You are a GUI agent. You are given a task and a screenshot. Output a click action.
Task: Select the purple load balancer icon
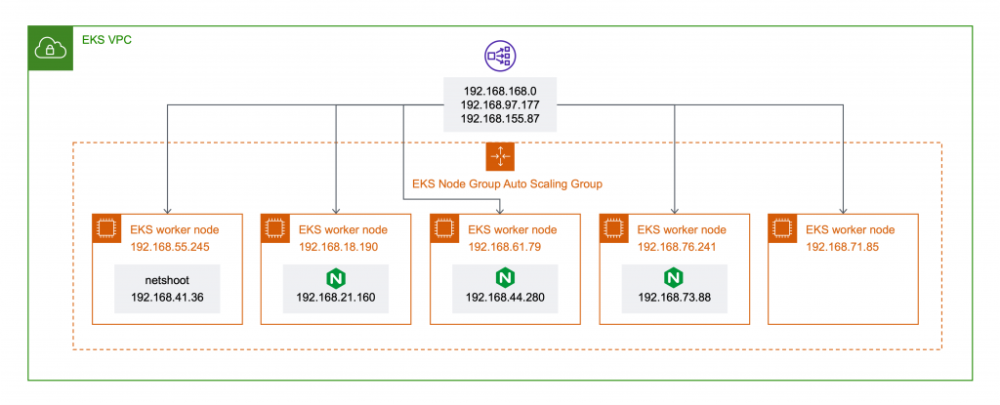(499, 57)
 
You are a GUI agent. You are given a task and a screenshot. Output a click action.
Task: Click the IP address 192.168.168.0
(499, 90)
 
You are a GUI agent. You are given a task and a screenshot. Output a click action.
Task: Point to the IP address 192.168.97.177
(499, 104)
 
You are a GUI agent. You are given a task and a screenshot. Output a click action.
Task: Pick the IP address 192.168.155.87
(499, 119)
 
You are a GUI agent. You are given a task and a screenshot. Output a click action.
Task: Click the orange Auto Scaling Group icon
(499, 156)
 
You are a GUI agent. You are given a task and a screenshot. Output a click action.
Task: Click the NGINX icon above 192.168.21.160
(333, 276)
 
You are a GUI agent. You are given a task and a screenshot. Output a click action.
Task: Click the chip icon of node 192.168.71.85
(781, 228)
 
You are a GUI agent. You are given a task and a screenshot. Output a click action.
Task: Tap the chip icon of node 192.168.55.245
(105, 228)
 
